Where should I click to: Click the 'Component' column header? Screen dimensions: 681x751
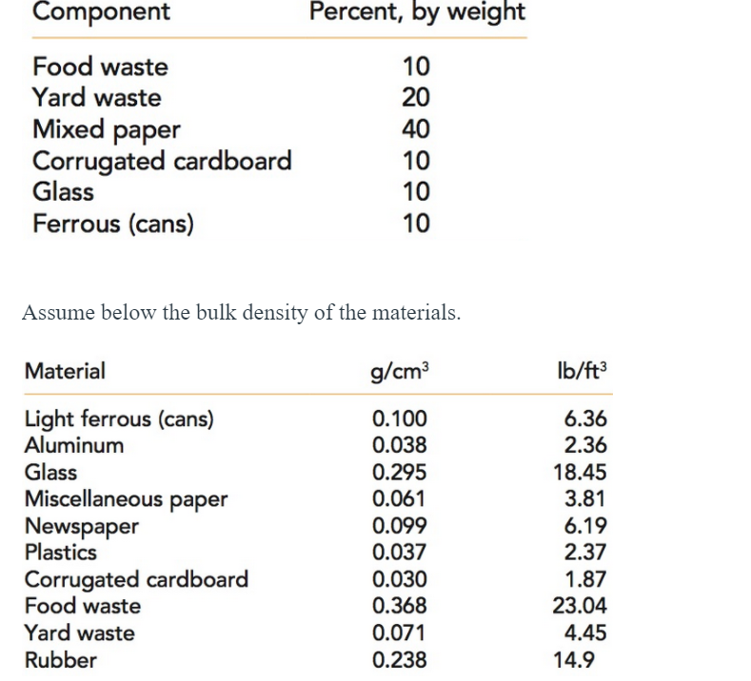[x=101, y=12]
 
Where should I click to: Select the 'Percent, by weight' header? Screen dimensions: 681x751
[x=417, y=12]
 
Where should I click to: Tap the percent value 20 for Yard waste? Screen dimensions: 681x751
[x=416, y=97]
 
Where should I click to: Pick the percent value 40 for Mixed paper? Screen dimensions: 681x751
[x=416, y=128]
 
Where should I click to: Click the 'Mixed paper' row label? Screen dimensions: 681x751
[x=106, y=129]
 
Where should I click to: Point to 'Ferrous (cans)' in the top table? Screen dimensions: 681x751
[x=112, y=224]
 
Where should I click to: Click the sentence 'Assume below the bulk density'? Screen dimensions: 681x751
[x=241, y=313]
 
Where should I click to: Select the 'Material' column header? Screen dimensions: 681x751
[x=65, y=371]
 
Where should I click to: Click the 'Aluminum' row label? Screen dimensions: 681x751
[x=73, y=445]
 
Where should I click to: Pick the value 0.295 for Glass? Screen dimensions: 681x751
[x=400, y=472]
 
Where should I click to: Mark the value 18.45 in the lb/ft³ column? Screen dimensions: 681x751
[x=581, y=472]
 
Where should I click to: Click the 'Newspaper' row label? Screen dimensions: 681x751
[x=81, y=526]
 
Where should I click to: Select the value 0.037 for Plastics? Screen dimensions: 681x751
[x=400, y=553]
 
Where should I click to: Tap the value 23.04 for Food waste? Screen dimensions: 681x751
[x=581, y=606]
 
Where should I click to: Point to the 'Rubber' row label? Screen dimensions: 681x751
[x=60, y=659]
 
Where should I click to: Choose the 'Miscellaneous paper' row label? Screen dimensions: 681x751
[x=126, y=498]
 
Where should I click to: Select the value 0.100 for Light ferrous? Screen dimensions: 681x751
[x=400, y=418]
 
